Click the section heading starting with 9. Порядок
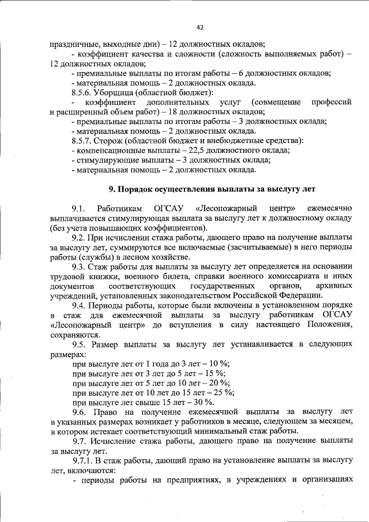coord(213,189)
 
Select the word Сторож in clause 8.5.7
coord(109,141)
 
